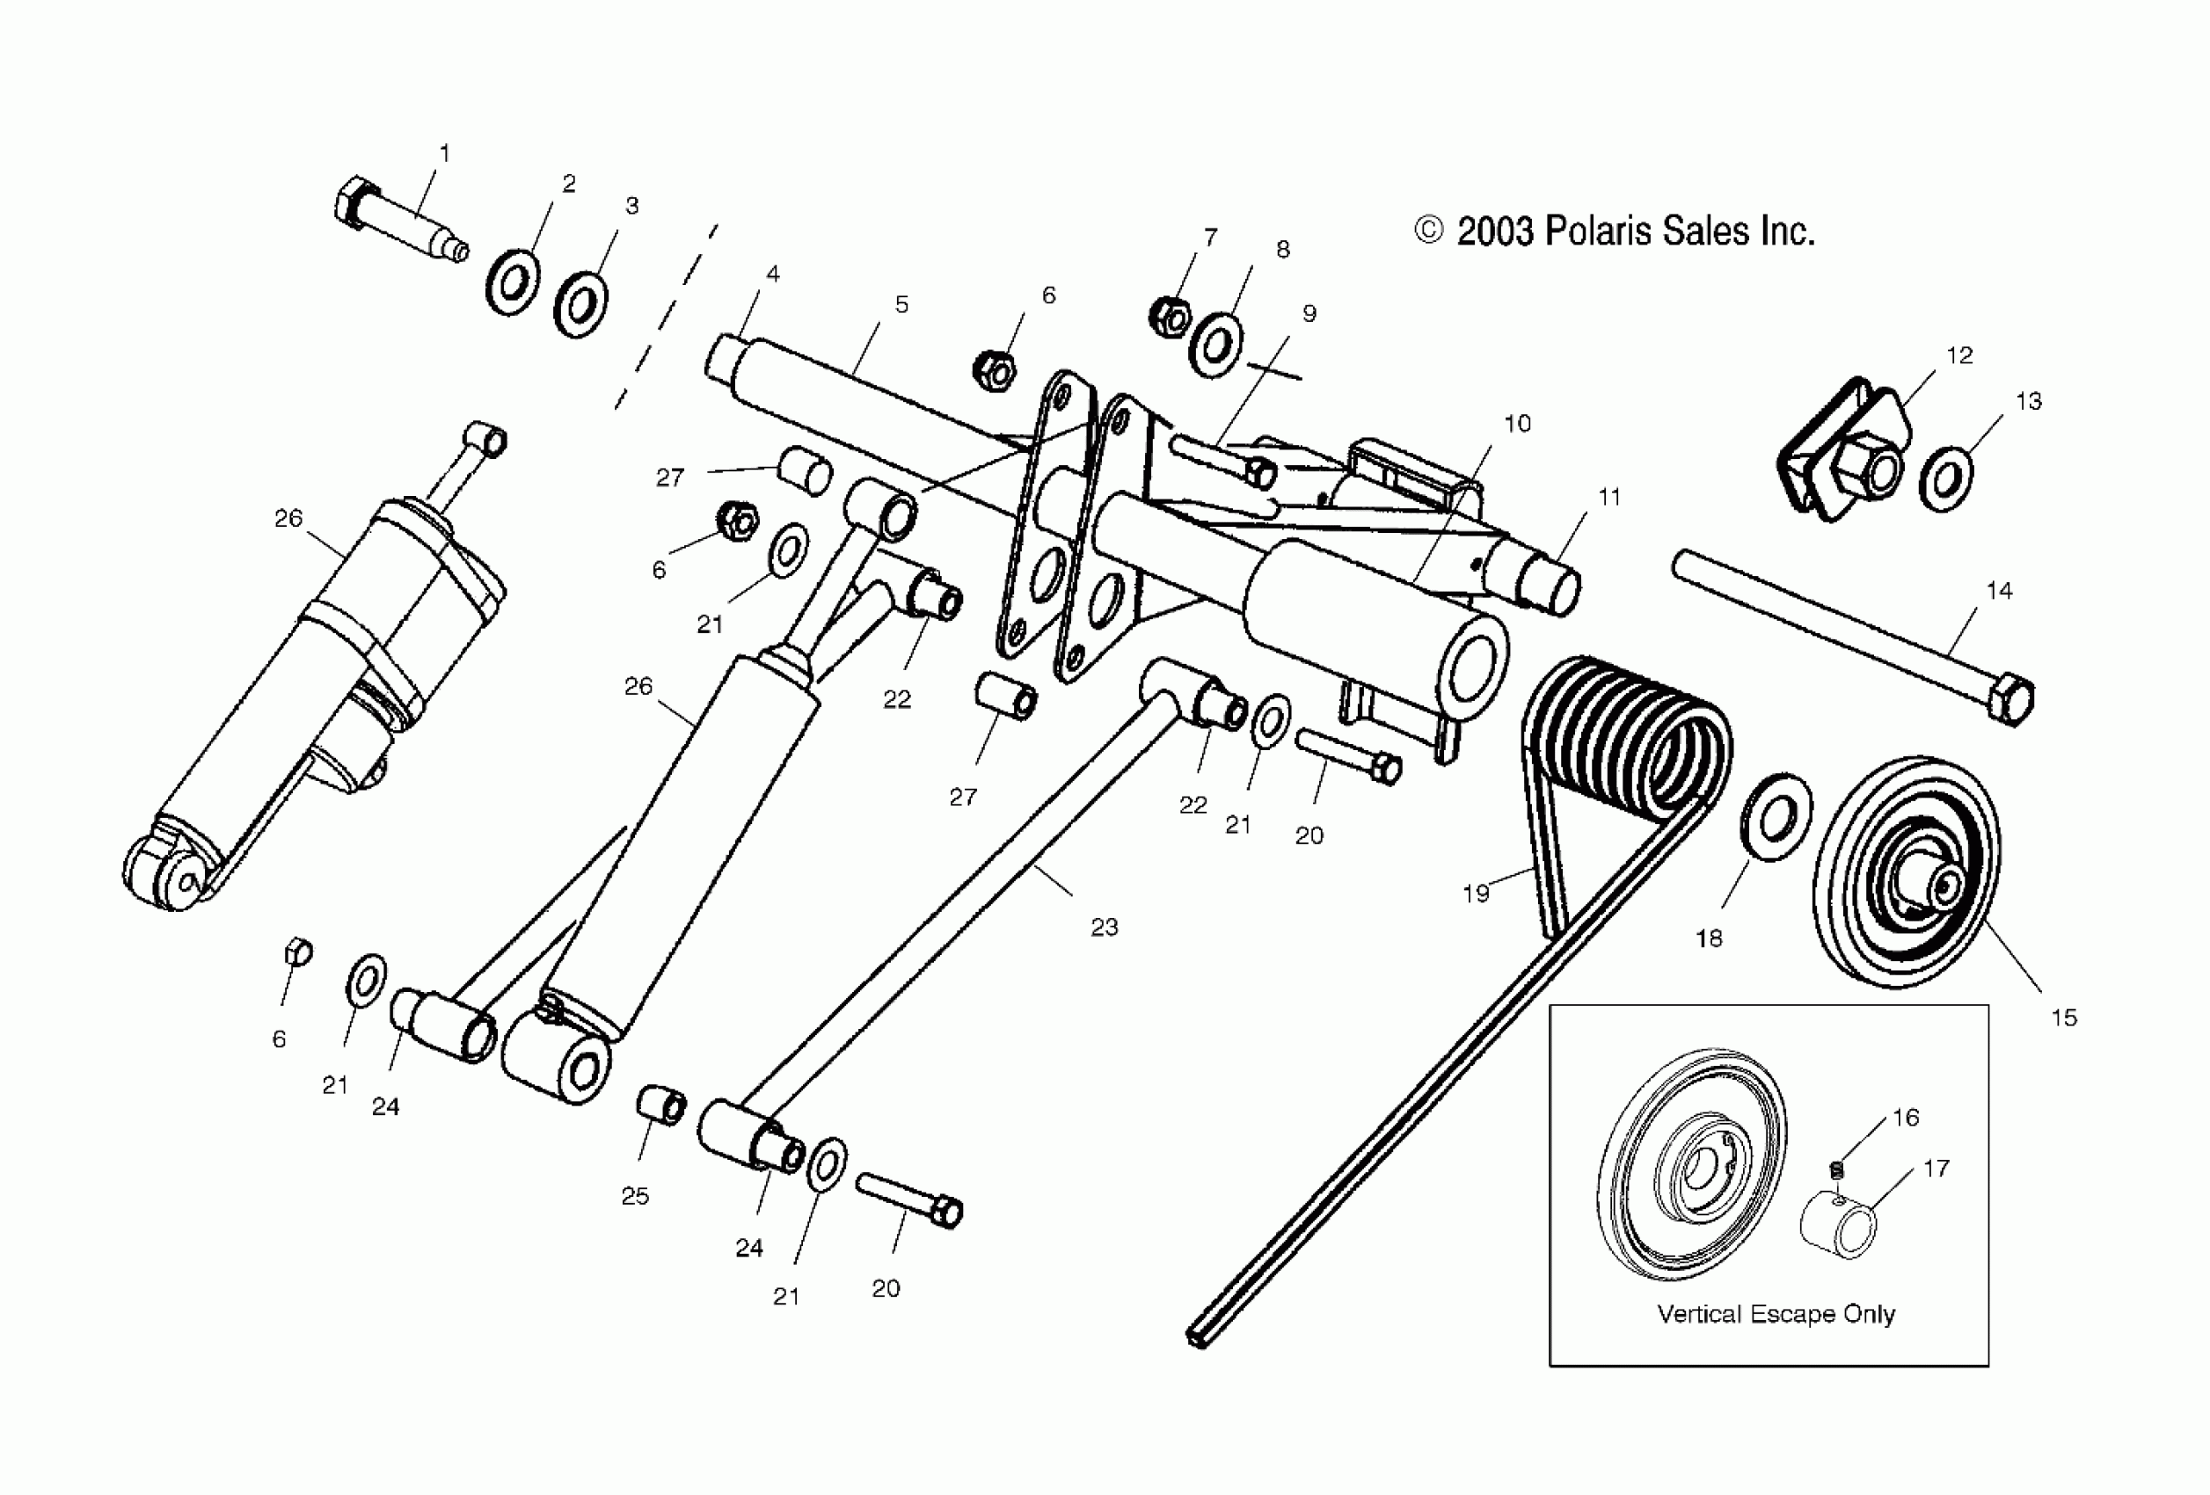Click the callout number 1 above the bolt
pyautogui.click(x=444, y=152)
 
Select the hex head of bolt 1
pyautogui.click(x=352, y=201)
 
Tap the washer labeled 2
pyautogui.click(x=513, y=282)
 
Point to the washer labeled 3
pyautogui.click(x=581, y=304)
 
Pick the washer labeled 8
pyautogui.click(x=1215, y=346)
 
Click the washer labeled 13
pyautogui.click(x=1945, y=479)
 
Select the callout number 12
pyautogui.click(x=1959, y=355)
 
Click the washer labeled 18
pyautogui.click(x=1776, y=818)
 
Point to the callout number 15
pyautogui.click(x=2063, y=1017)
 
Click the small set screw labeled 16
pyautogui.click(x=1836, y=1170)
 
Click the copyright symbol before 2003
pyautogui.click(x=1428, y=230)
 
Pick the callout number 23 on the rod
pyautogui.click(x=1104, y=927)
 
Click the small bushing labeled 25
pyautogui.click(x=660, y=1107)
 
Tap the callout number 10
pyautogui.click(x=1518, y=423)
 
